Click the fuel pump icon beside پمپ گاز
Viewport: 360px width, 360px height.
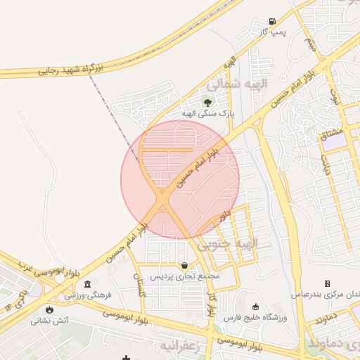pyautogui.click(x=272, y=21)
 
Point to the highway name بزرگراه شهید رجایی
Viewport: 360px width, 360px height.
pyautogui.click(x=68, y=69)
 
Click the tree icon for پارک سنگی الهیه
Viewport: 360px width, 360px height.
pyautogui.click(x=207, y=102)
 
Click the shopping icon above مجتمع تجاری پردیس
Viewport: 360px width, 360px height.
pyautogui.click(x=184, y=265)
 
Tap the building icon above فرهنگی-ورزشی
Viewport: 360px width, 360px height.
pyautogui.click(x=87, y=283)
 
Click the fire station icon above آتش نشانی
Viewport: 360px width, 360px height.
pyautogui.click(x=49, y=309)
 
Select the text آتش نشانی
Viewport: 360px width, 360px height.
pyautogui.click(x=49, y=320)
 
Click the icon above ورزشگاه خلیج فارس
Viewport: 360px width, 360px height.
pyautogui.click(x=255, y=307)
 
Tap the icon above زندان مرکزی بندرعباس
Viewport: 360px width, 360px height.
pyautogui.click(x=327, y=283)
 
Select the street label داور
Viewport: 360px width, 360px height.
pyautogui.click(x=224, y=214)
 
